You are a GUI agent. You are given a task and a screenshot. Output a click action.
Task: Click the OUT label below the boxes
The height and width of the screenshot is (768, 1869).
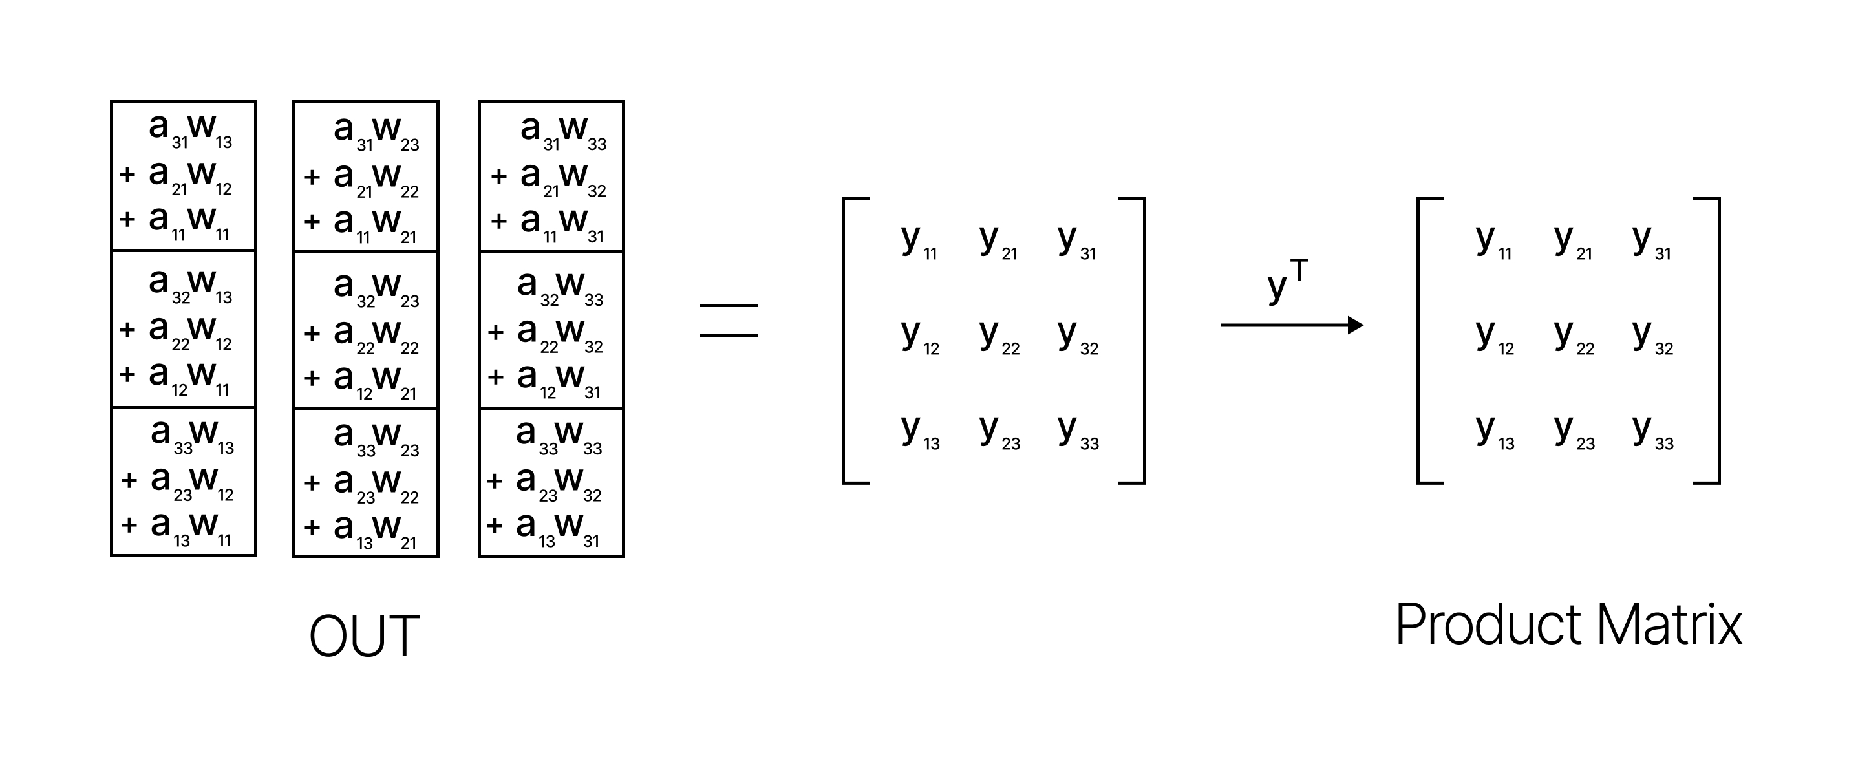click(364, 635)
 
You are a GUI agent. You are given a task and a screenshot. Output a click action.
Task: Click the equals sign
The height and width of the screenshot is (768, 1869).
click(729, 320)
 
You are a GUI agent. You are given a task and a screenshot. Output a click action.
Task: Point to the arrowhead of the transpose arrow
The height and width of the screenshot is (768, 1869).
click(1354, 325)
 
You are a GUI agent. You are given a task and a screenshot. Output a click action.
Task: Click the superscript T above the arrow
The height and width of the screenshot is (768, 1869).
click(1299, 272)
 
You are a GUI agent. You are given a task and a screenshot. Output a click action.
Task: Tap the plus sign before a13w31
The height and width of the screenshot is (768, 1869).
click(495, 526)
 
